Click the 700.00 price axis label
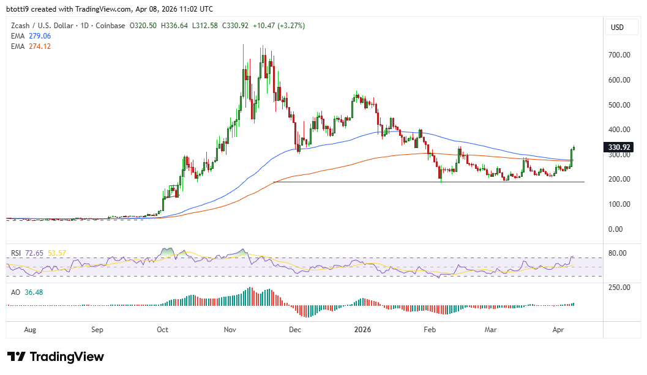pyautogui.click(x=619, y=55)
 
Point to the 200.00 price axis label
pyautogui.click(x=619, y=179)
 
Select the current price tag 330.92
pyautogui.click(x=619, y=147)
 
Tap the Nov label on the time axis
pyautogui.click(x=230, y=330)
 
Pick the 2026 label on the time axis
pyautogui.click(x=363, y=330)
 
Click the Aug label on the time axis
pyautogui.click(x=30, y=330)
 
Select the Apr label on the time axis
pyautogui.click(x=558, y=330)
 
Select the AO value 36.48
pyautogui.click(x=33, y=292)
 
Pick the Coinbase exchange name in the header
pyautogui.click(x=111, y=26)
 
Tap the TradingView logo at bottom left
pyautogui.click(x=56, y=357)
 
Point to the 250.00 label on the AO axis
pyautogui.click(x=619, y=288)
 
